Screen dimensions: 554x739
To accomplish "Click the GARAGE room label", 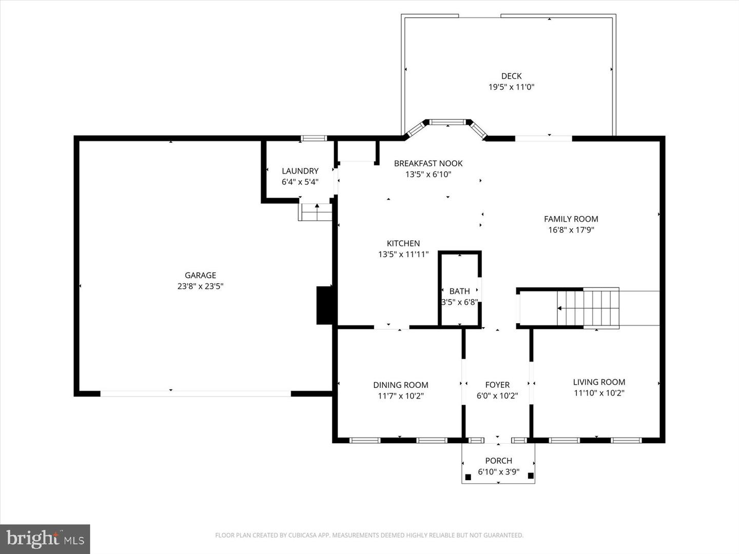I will click(x=200, y=275).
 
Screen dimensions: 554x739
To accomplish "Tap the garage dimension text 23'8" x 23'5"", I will click(x=200, y=286).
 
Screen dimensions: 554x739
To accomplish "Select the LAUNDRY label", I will click(x=300, y=171).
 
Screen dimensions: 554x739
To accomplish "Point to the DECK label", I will click(x=511, y=76).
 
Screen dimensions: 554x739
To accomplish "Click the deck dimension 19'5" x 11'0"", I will click(x=511, y=87).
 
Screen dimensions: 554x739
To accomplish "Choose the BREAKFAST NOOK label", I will click(x=428, y=163).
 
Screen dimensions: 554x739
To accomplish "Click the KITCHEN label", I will click(x=403, y=243).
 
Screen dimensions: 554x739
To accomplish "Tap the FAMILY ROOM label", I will click(x=571, y=219).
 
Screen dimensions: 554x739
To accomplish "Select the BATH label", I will click(x=459, y=291).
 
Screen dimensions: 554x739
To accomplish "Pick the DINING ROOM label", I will click(x=400, y=385).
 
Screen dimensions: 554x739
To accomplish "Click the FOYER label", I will click(x=497, y=385).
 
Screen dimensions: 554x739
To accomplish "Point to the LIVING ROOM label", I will click(x=599, y=382).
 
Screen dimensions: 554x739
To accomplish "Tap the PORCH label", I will click(x=498, y=461).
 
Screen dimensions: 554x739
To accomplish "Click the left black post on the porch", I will click(x=468, y=477).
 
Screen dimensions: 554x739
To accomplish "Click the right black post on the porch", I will click(x=531, y=476).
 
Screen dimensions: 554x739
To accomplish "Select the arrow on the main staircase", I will click(x=560, y=308).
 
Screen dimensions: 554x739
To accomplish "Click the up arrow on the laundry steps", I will click(x=317, y=207).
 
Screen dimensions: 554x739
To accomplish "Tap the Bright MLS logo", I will click(x=45, y=539).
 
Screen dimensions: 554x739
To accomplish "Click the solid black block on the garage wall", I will click(x=325, y=305).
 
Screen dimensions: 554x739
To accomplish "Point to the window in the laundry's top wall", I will click(x=314, y=138).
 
